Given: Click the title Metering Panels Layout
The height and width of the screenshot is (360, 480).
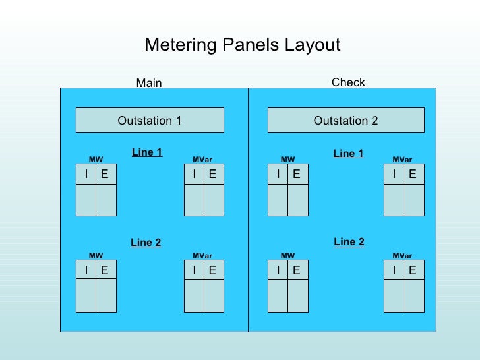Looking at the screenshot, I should [x=242, y=45].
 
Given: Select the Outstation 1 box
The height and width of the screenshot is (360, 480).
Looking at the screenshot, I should [x=150, y=121].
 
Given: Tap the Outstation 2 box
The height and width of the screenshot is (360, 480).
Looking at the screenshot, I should [x=345, y=121].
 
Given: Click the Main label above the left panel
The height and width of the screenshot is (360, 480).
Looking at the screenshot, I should [x=149, y=83].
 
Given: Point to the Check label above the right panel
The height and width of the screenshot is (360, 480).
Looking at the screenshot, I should [x=348, y=82].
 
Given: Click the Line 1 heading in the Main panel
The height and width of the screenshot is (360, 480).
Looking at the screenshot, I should [x=147, y=152].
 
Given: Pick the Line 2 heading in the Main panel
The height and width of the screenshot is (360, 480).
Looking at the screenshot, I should [x=146, y=243].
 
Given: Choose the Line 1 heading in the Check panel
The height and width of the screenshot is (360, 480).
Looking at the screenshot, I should [x=348, y=154].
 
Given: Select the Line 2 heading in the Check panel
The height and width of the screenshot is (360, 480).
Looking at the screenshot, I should [x=349, y=242].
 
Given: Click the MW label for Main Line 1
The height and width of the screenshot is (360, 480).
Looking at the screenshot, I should [x=96, y=160].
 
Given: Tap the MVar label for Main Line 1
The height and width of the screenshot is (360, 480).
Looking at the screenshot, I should [x=202, y=160].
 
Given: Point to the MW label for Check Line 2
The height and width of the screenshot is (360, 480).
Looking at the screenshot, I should [x=287, y=256].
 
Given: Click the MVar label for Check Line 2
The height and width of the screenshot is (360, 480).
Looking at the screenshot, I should [x=402, y=256].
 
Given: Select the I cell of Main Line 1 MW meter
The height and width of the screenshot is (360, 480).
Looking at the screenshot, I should [x=86, y=175].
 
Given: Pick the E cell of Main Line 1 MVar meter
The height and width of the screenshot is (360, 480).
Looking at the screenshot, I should [x=213, y=175].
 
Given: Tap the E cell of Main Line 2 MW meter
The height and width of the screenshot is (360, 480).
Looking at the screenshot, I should [x=105, y=270].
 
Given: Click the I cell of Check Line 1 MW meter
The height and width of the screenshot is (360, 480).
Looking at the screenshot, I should [x=278, y=175].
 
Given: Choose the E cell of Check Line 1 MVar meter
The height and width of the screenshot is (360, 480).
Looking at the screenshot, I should [x=413, y=175].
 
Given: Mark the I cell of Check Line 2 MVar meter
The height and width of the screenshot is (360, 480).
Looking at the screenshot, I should [x=394, y=270].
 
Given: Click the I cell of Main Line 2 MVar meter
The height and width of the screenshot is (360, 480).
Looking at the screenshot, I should [x=195, y=270].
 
